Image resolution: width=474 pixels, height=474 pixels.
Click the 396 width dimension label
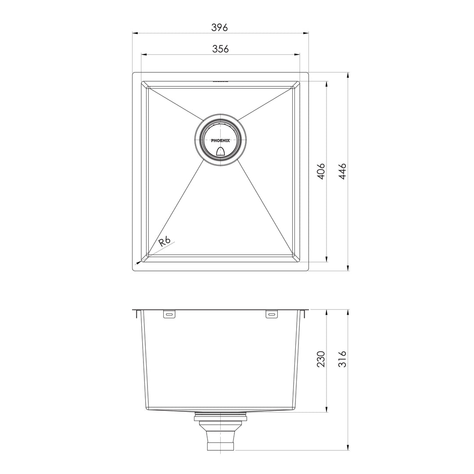click(219, 27)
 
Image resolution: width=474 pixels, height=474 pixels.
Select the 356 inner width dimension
click(220, 49)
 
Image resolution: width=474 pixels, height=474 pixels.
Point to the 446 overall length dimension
click(343, 171)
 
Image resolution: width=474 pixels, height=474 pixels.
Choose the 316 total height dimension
click(343, 359)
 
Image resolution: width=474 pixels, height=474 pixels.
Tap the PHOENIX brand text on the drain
click(220, 140)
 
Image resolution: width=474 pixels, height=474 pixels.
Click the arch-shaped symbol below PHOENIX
click(220, 151)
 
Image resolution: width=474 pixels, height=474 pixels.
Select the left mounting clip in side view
click(169, 314)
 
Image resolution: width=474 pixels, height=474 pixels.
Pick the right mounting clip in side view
click(272, 314)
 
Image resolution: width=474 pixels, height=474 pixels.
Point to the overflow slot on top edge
click(220, 81)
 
